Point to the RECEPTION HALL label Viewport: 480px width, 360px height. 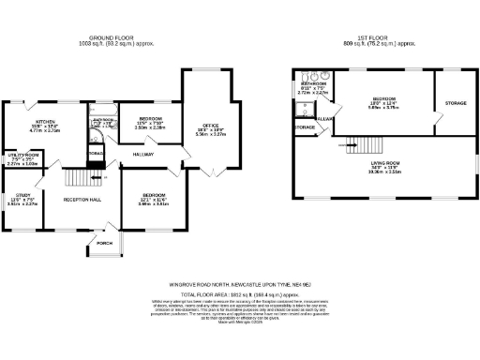pos(82,200)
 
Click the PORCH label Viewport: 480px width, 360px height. pos(103,243)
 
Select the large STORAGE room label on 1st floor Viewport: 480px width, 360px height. pos(456,102)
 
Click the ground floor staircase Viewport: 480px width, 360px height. pos(80,178)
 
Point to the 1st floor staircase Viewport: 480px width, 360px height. pos(352,143)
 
